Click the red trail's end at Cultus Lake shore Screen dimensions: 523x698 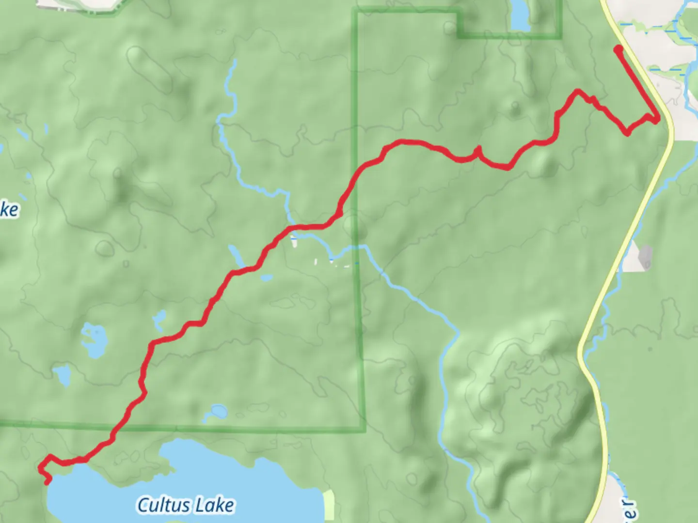coord(47,481)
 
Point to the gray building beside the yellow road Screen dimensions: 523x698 coord(646,256)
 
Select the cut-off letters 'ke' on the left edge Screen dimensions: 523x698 coord(9,210)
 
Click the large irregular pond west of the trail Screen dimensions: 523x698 coord(93,339)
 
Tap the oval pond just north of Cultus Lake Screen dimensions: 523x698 coord(216,413)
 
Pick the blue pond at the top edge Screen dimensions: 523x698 coord(520,15)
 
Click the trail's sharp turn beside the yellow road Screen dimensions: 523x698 coord(656,120)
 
